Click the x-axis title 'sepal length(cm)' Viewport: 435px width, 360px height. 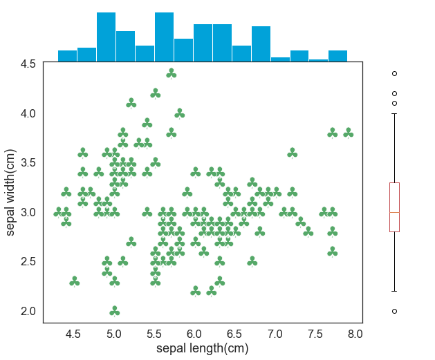pos(203,349)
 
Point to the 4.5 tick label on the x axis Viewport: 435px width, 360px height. pos(74,334)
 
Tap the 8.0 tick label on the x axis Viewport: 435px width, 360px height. pos(355,334)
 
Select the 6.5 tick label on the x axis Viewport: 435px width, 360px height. pos(235,334)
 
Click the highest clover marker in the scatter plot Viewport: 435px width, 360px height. pos(172,73)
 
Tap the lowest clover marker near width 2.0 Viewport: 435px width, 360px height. pos(115,311)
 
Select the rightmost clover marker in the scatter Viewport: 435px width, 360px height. pos(348,132)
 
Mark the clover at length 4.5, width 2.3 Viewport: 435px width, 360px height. pos(75,281)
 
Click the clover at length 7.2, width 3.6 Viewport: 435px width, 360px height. pos(292,152)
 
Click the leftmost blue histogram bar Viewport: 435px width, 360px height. pos(67,56)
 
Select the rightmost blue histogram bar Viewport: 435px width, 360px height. pos(337,56)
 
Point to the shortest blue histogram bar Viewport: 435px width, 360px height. pos(318,61)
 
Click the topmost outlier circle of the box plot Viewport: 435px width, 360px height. pos(394,73)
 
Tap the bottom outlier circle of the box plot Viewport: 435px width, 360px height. pos(394,311)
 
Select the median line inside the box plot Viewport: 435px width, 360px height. pos(394,212)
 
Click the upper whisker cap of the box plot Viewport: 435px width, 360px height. pos(394,113)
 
